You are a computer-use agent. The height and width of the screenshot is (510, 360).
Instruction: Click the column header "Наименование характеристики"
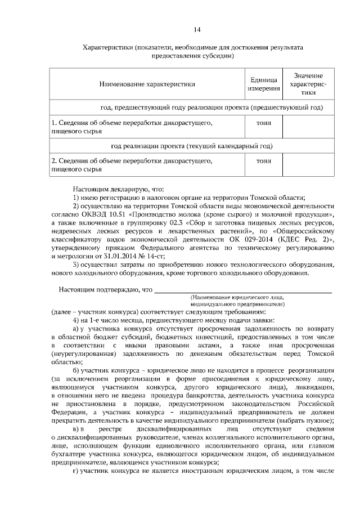(x=147, y=84)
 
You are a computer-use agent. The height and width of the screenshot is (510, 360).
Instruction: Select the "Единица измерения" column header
(x=263, y=84)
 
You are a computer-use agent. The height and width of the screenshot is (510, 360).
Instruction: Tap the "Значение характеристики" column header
(x=308, y=84)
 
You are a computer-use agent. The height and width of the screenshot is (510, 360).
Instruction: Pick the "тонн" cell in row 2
(x=263, y=161)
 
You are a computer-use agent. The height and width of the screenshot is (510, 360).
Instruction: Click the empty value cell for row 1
(x=308, y=126)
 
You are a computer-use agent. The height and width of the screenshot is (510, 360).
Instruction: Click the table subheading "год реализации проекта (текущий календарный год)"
(x=191, y=146)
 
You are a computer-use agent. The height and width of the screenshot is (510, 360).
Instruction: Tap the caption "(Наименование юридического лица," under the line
(x=237, y=297)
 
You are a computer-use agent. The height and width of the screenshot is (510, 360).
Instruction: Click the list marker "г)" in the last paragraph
(x=76, y=470)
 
